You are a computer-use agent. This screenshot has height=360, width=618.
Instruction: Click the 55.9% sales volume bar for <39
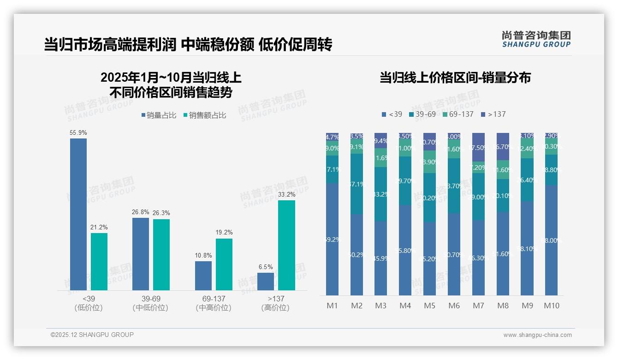[x=78, y=214]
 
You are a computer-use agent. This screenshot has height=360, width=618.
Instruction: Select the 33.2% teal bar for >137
[x=286, y=245]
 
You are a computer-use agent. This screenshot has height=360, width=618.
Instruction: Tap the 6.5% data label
[x=266, y=267]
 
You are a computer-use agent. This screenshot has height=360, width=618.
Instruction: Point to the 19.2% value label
[x=224, y=233]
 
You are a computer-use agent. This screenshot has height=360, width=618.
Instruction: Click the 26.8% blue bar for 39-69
[x=141, y=253]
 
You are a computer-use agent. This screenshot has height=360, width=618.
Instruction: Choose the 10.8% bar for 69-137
[x=203, y=276]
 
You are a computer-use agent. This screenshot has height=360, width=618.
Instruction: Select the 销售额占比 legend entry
[x=205, y=115]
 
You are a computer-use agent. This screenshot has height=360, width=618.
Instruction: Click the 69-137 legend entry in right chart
[x=458, y=114]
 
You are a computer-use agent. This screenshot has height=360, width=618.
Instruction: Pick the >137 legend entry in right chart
[x=493, y=114]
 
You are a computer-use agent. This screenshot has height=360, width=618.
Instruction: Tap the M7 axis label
[x=478, y=306]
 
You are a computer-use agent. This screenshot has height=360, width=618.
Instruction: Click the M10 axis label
[x=551, y=306]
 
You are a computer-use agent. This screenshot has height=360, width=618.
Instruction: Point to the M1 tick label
[x=333, y=306]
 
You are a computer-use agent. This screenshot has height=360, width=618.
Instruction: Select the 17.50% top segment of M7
[x=478, y=147]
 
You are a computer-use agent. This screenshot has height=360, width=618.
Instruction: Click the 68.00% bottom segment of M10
[x=551, y=240]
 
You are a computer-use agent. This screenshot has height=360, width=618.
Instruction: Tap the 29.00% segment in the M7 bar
[x=478, y=197]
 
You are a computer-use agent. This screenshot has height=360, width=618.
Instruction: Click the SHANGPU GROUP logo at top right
[x=536, y=39]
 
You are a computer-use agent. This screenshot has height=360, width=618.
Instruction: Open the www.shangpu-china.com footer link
[x=537, y=335]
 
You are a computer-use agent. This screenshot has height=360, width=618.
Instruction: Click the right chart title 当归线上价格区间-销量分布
[x=455, y=78]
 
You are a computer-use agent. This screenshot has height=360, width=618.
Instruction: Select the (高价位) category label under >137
[x=275, y=308]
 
